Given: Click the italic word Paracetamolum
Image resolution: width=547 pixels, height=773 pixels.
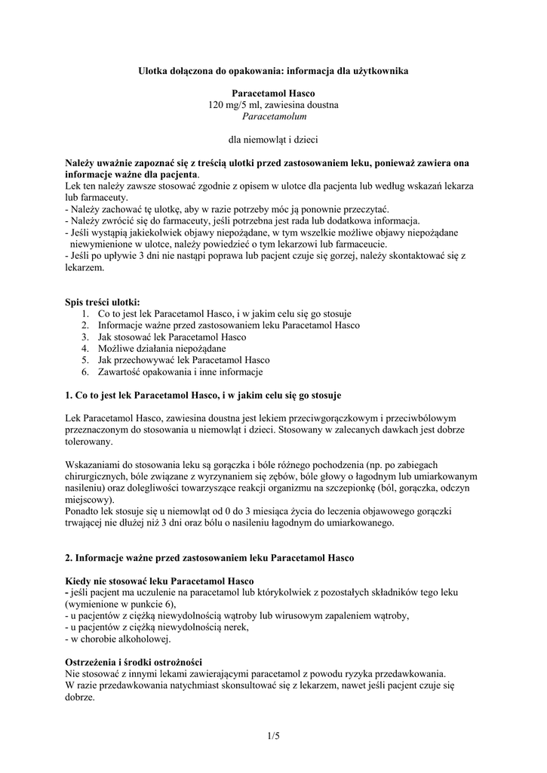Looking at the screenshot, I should [x=273, y=116].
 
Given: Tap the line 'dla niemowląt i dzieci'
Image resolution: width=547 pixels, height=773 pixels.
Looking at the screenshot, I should [x=273, y=140].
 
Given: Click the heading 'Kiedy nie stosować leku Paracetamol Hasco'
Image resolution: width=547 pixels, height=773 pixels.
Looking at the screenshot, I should [x=159, y=581].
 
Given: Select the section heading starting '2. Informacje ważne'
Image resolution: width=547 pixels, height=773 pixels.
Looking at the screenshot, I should [x=210, y=557].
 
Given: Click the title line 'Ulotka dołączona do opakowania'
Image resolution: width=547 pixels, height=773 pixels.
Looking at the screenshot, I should [x=273, y=70].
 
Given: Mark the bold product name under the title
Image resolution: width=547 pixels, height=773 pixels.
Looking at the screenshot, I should [x=273, y=94].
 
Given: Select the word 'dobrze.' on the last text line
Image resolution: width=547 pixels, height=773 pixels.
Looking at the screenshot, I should [x=81, y=697].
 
